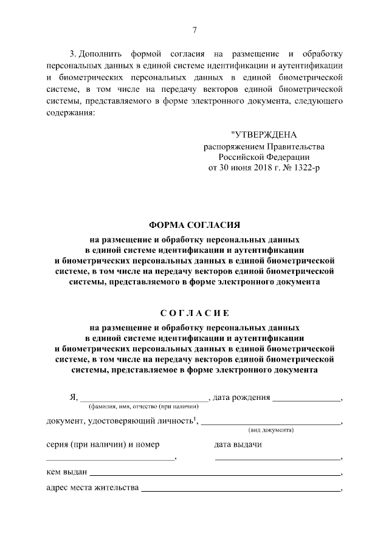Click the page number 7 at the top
pyautogui.click(x=194, y=31)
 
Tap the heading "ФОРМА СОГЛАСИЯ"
pyautogui.click(x=194, y=224)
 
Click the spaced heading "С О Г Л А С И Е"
pyautogui.click(x=194, y=314)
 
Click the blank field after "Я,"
pyautogui.click(x=144, y=399)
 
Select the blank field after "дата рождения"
pyautogui.click(x=306, y=399)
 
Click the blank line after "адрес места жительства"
pyautogui.click(x=241, y=489)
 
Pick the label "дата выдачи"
pyautogui.click(x=238, y=444)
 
